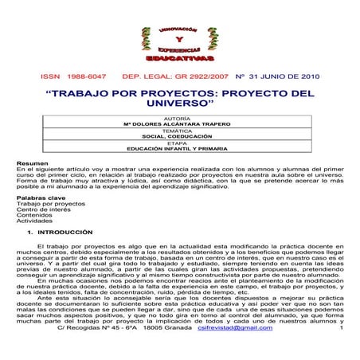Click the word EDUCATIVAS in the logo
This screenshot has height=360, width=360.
(179, 59)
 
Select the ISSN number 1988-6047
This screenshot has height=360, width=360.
(85, 76)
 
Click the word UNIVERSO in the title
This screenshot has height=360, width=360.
(179, 104)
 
